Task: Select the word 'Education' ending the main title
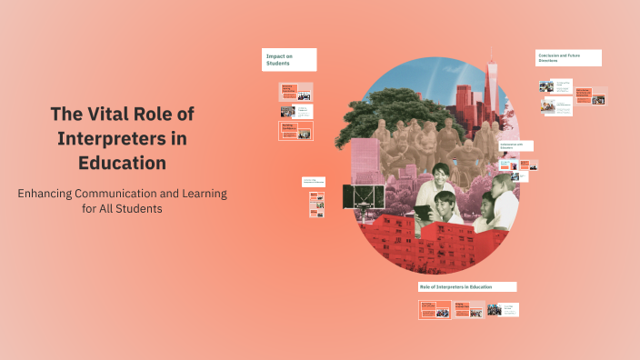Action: coord(123,164)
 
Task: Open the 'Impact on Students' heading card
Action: coord(289,60)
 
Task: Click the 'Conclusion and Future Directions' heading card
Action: coord(570,58)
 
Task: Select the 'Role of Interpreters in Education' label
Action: coord(466,286)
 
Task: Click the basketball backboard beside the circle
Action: coord(356,196)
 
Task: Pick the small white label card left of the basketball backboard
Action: coord(314,182)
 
